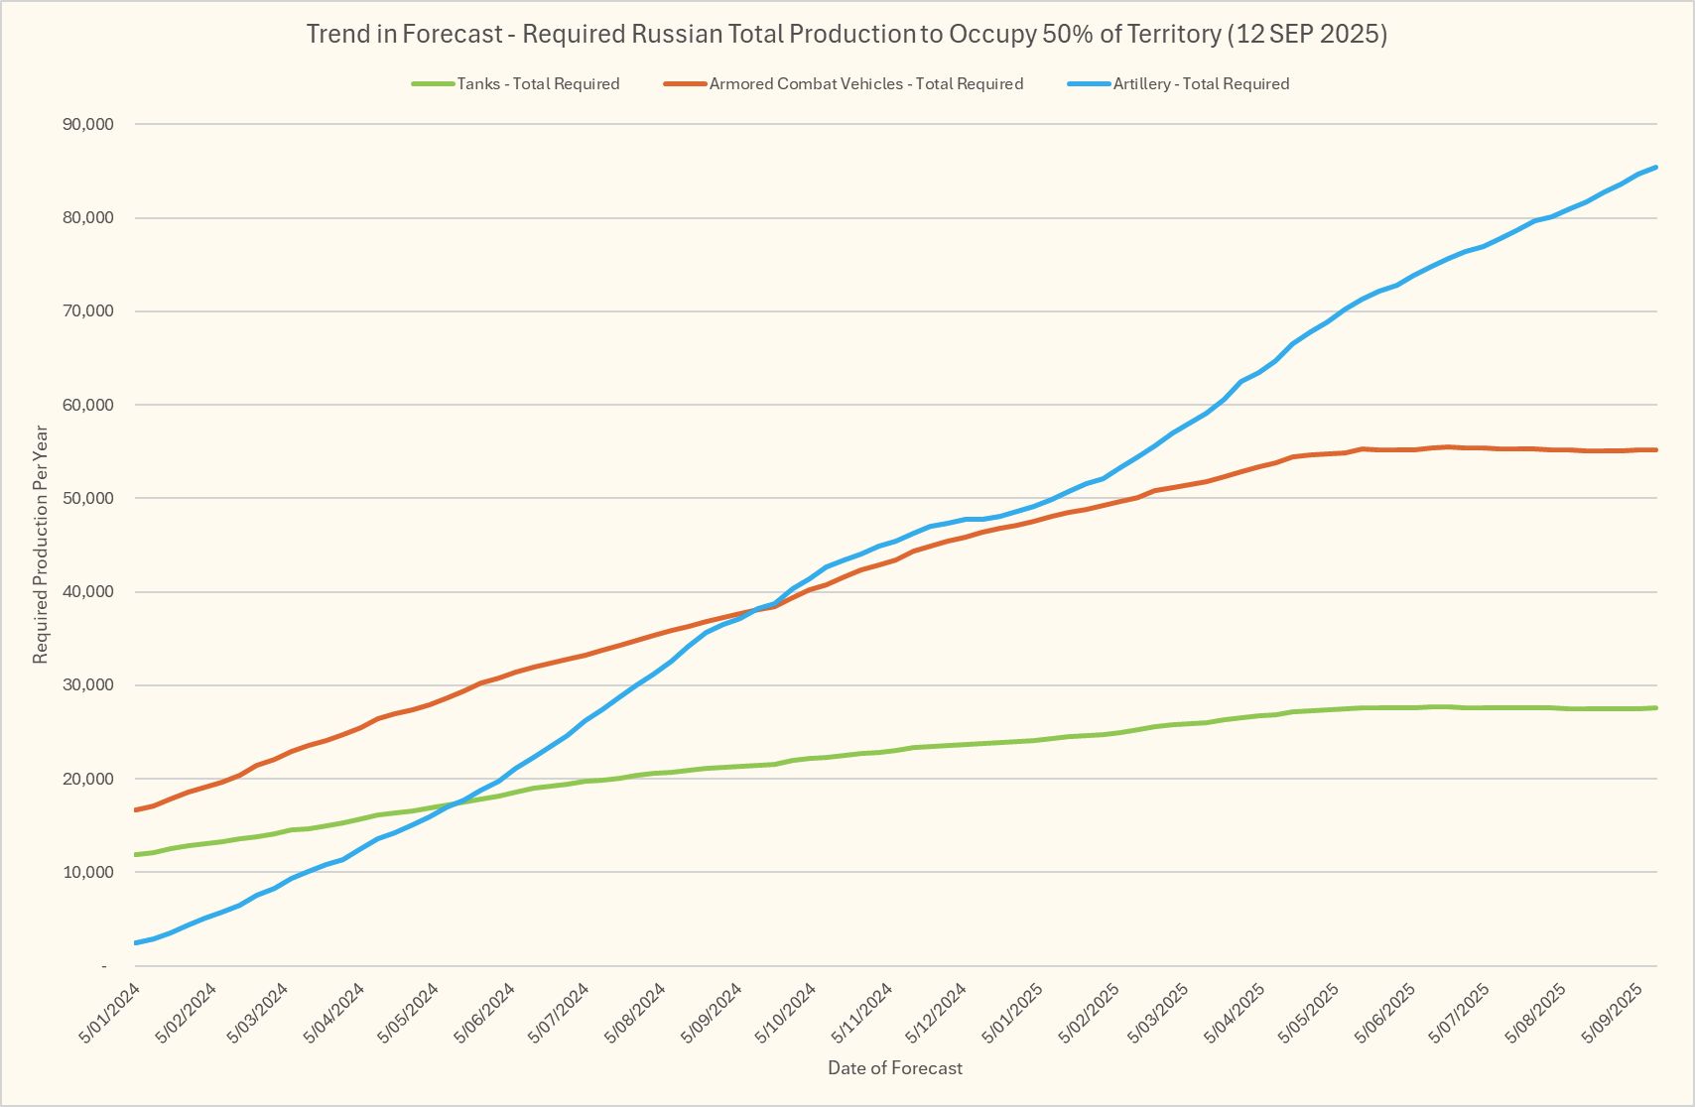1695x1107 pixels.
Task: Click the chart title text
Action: click(847, 34)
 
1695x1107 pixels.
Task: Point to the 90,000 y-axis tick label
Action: click(87, 124)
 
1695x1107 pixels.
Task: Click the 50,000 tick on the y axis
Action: click(87, 498)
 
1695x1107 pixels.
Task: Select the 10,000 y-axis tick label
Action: click(87, 872)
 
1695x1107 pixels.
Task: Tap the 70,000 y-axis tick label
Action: click(87, 311)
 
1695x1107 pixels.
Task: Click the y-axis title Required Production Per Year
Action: click(41, 545)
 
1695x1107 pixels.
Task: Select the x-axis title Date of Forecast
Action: click(895, 1068)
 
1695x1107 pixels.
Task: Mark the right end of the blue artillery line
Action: click(1655, 168)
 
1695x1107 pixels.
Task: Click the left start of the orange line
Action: click(136, 809)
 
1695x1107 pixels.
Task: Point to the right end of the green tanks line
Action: click(1655, 707)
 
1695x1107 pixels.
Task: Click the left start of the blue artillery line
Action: click(136, 942)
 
